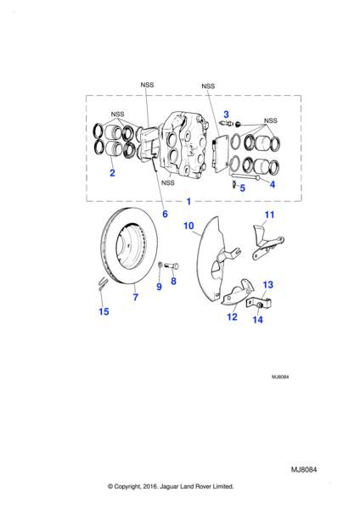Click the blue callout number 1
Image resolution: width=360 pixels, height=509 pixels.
[x=188, y=202]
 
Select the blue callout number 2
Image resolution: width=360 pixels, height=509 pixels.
[x=112, y=173]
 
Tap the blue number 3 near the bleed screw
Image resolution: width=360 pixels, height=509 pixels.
[x=226, y=115]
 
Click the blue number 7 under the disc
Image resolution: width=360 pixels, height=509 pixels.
[x=136, y=297]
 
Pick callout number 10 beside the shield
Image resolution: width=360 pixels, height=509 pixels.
[x=188, y=226]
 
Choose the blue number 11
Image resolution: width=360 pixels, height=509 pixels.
[x=270, y=215]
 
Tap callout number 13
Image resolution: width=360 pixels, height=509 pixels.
[x=268, y=285]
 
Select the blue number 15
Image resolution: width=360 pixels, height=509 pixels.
[x=104, y=311]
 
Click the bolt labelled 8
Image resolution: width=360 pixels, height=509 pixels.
[x=172, y=266]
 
